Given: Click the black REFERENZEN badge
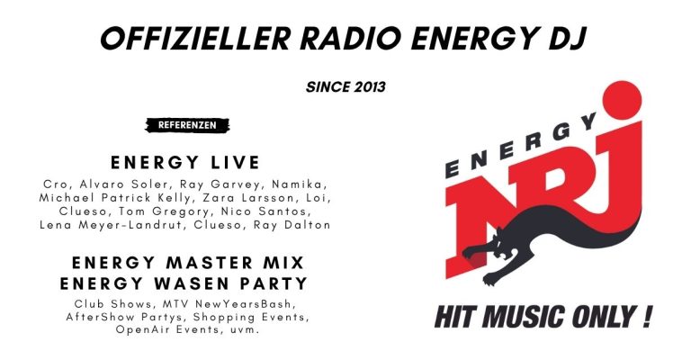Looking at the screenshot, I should (x=187, y=125).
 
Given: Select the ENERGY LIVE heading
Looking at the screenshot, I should (x=185, y=162).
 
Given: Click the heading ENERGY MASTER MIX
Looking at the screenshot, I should (x=186, y=264).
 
